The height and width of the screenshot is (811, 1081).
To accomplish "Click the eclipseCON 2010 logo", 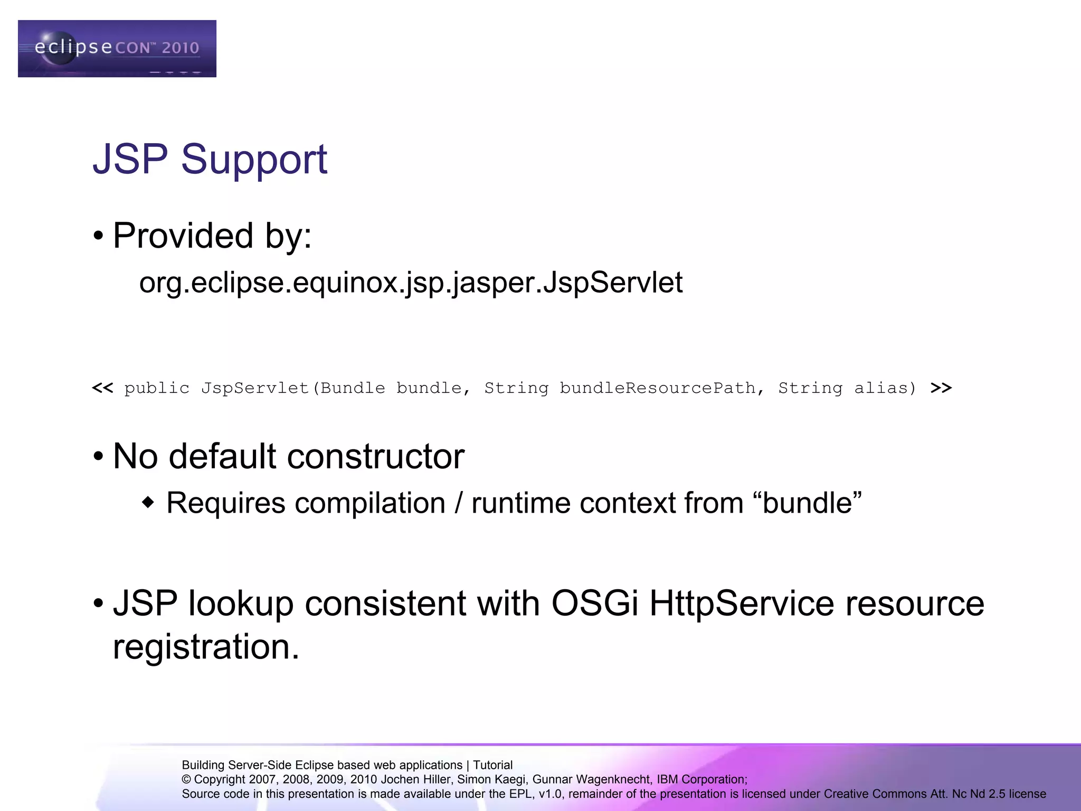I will click(117, 49).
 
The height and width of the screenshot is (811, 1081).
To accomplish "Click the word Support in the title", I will click(254, 159).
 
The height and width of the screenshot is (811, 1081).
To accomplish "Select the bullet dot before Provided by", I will click(98, 237).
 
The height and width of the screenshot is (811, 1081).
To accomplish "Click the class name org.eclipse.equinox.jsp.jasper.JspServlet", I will click(411, 282).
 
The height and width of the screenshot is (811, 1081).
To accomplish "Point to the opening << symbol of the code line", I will click(102, 388).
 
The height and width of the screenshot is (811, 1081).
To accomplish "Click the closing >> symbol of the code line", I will click(941, 388).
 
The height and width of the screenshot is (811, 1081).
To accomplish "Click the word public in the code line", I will click(157, 388).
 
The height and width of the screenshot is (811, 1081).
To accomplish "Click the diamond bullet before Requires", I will click(148, 502).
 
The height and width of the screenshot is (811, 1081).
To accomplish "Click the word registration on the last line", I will click(206, 647).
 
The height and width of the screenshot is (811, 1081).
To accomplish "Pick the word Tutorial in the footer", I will click(492, 765).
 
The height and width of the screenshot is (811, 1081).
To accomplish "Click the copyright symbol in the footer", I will click(186, 780).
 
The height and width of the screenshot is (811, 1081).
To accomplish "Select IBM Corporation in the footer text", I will click(701, 780).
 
